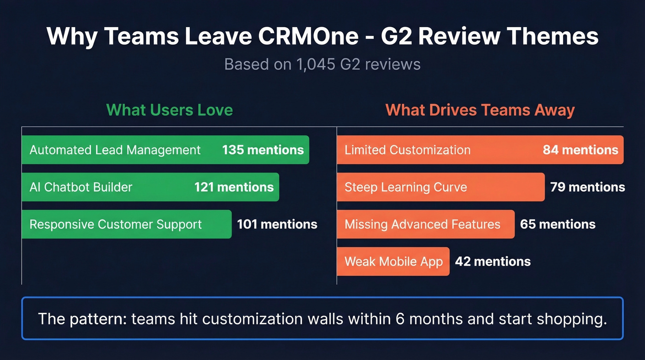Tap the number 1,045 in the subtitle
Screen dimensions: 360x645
[316, 64]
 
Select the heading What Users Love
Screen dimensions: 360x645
[170, 110]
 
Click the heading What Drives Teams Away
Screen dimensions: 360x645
[480, 110]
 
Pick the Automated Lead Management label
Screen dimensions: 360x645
[115, 150]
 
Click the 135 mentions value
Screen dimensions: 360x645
[263, 150]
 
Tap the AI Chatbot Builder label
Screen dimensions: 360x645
[81, 187]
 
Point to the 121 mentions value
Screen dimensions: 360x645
[234, 187]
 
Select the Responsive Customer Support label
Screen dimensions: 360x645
[116, 224]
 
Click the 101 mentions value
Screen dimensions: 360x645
[277, 224]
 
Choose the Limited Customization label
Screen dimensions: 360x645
[408, 150]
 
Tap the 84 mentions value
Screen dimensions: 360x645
[580, 150]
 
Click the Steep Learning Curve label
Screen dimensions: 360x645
[406, 187]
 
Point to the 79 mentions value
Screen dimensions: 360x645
[587, 187]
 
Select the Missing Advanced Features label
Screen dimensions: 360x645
[422, 224]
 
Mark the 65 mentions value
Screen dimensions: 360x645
[557, 224]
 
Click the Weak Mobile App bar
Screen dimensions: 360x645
[393, 261]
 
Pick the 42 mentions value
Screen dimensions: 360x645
[493, 261]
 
